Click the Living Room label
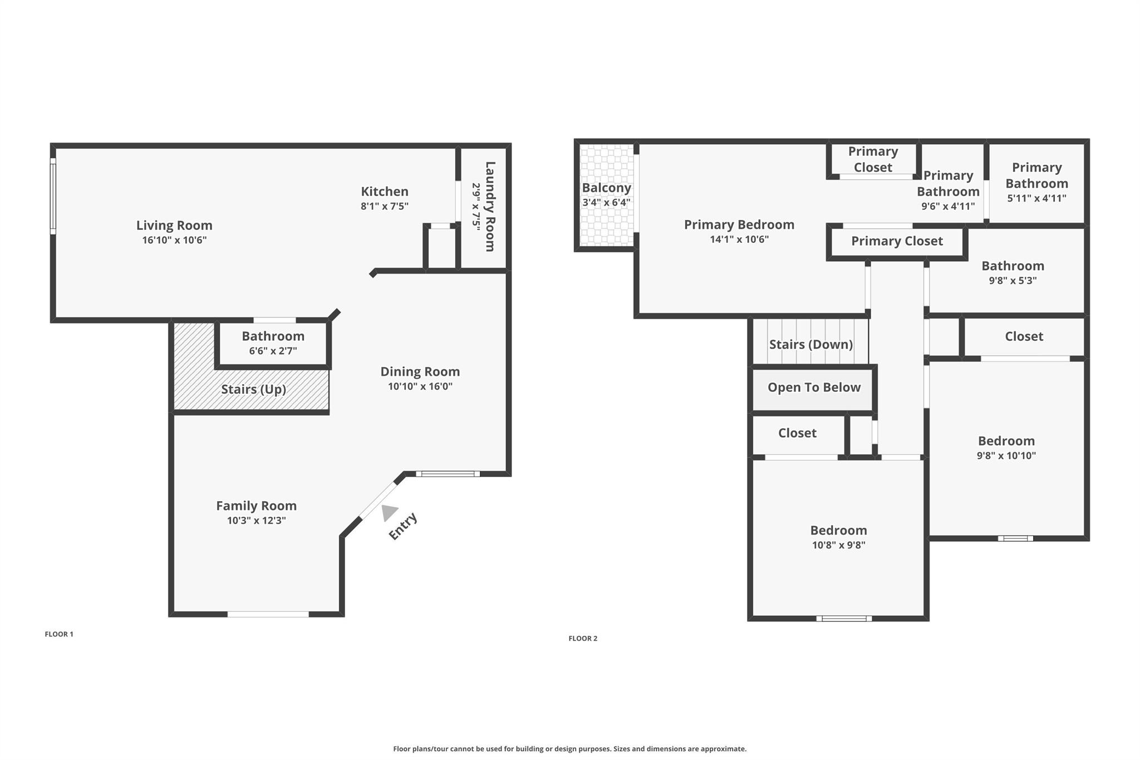174,225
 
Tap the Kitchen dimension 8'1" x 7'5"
384,206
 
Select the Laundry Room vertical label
490,206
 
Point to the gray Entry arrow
389,512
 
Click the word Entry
402,526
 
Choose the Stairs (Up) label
253,389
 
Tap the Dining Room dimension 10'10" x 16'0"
420,386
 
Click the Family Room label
256,506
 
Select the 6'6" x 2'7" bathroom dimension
273,351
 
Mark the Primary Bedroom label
739,224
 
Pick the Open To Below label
814,388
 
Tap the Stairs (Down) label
810,344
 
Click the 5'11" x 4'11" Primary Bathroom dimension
1036,198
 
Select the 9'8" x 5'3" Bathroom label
1012,266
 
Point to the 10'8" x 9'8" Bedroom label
838,530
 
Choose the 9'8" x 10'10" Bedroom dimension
1006,455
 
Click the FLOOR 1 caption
59,634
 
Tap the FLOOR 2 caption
583,639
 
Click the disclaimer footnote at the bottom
569,749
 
